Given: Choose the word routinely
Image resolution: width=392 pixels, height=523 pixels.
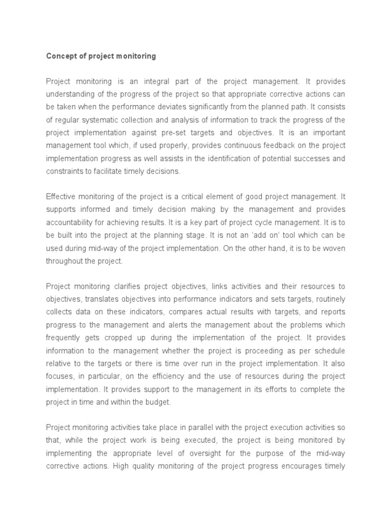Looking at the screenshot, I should (x=328, y=299).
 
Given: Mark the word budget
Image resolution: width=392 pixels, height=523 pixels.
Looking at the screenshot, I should (x=158, y=401).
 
